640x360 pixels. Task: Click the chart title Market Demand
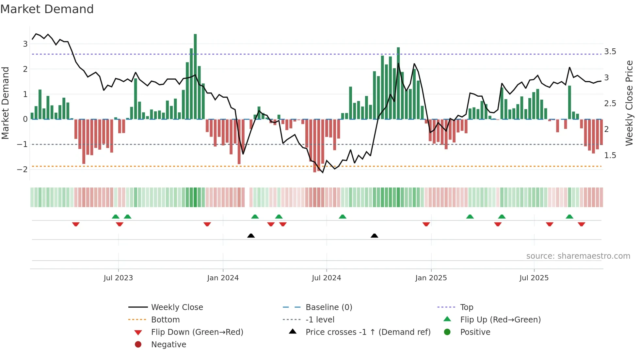pos(47,9)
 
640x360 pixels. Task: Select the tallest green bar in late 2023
pos(195,77)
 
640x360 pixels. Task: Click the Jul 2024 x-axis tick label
pos(326,278)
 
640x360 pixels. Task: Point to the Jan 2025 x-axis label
pos(431,278)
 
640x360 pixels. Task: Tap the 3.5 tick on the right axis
pos(610,52)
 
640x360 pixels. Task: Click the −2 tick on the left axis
pos(22,169)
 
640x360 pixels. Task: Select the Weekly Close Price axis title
pos(629,103)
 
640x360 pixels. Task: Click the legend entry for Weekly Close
pos(177,307)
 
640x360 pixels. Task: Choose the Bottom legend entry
pos(165,320)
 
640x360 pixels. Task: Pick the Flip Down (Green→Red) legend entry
pos(197,332)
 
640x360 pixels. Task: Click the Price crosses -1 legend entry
pos(368,332)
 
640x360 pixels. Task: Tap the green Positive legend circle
pos(447,332)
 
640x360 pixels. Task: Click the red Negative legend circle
pos(138,345)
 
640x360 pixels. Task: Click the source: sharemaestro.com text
pos(578,256)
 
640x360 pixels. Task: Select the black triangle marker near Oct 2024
pos(375,236)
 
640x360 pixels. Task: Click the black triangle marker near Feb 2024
pos(251,236)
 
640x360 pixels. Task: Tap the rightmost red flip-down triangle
pos(581,224)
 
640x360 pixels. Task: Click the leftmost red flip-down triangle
pos(76,224)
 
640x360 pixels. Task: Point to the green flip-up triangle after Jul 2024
pos(342,217)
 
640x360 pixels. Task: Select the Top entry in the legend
pos(466,307)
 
